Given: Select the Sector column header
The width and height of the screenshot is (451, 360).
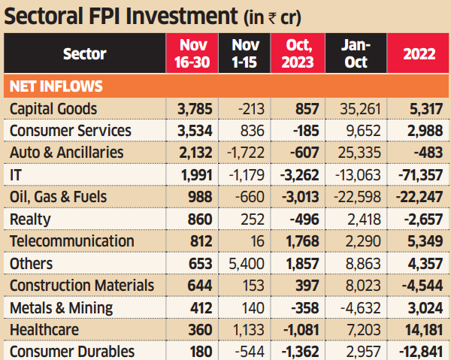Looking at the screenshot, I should point(84,53).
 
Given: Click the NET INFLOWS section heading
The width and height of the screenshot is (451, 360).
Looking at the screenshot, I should point(56,86).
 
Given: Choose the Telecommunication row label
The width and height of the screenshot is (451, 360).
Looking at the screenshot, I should point(71,241).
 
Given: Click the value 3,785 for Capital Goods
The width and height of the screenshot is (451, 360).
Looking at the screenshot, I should point(193,109).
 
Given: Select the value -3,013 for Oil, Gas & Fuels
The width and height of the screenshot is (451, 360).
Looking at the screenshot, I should point(298,197).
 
